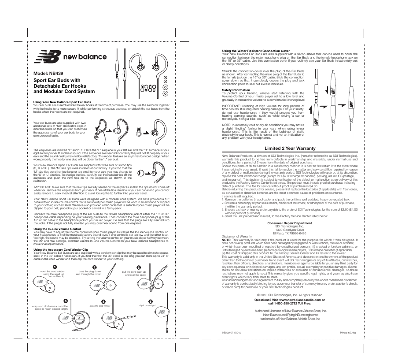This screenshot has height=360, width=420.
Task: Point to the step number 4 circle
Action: [65, 301]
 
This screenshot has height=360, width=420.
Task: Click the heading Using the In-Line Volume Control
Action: [57, 229]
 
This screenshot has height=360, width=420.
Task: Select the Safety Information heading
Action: [236, 90]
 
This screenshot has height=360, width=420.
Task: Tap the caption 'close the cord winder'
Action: [99, 305]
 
